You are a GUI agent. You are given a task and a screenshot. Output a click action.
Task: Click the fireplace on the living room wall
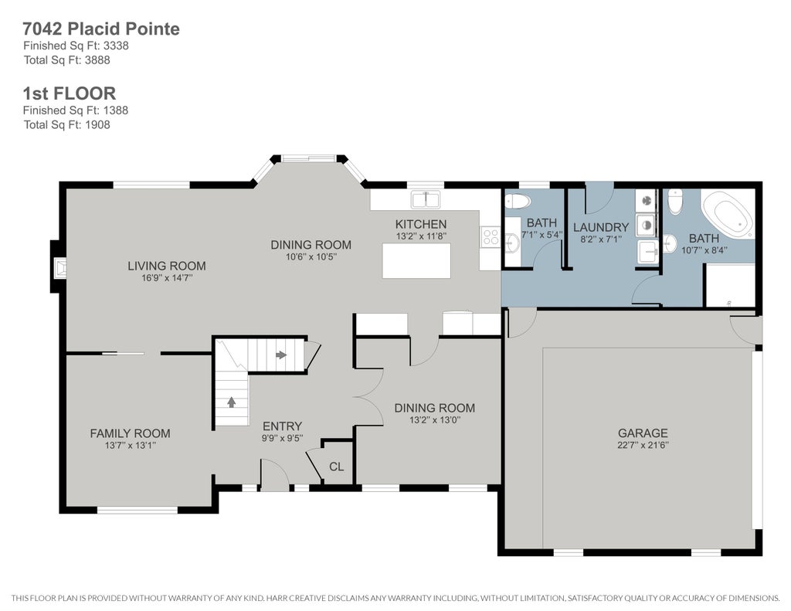pyautogui.click(x=60, y=268)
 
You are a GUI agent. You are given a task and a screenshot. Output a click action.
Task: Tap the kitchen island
pyautogui.click(x=416, y=260)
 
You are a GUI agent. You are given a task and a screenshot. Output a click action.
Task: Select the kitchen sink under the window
pyautogui.click(x=426, y=200)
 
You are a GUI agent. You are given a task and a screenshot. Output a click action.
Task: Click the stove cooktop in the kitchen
pyautogui.click(x=491, y=236)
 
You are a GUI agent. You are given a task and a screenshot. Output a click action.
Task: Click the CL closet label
pyautogui.click(x=337, y=467)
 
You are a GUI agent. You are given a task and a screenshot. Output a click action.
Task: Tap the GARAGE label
pyautogui.click(x=643, y=433)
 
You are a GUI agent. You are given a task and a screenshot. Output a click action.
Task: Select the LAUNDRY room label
pyautogui.click(x=601, y=228)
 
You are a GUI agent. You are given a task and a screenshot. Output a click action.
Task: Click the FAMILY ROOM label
pyautogui.click(x=130, y=433)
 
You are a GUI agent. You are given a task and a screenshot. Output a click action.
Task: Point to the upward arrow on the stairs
pyautogui.click(x=232, y=402)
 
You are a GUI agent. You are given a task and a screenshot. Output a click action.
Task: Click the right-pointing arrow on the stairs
pyautogui.click(x=281, y=355)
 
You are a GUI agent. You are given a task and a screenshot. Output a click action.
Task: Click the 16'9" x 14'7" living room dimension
pyautogui.click(x=167, y=278)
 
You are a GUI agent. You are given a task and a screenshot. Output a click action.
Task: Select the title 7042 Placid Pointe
pyautogui.click(x=101, y=29)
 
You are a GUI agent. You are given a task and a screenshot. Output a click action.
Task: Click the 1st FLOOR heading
pyautogui.click(x=70, y=93)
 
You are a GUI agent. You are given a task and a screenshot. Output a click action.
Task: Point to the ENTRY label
pyautogui.click(x=282, y=426)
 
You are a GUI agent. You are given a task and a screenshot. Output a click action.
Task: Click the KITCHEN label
pyautogui.click(x=421, y=224)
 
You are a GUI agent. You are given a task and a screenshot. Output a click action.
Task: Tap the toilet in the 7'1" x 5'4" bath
pyautogui.click(x=518, y=202)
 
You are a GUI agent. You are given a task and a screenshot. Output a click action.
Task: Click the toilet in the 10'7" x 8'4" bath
pyautogui.click(x=675, y=202)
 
